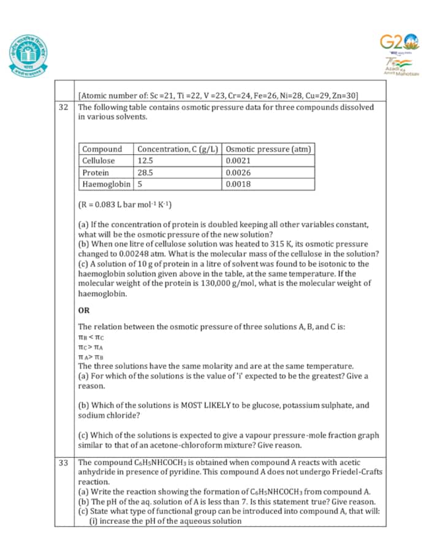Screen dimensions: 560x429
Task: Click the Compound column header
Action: (x=102, y=149)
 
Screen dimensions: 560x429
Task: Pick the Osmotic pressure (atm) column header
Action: (x=268, y=149)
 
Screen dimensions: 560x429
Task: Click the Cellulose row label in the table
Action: (x=99, y=160)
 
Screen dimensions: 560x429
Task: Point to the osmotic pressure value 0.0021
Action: (x=238, y=160)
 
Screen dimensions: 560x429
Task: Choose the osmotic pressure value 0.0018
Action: (x=238, y=184)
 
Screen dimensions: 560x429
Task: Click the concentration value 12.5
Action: (x=145, y=160)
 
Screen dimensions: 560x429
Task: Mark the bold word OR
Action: (x=84, y=310)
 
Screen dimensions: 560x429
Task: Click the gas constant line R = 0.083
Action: (x=125, y=204)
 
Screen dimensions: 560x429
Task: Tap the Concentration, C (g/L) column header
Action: (x=178, y=149)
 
